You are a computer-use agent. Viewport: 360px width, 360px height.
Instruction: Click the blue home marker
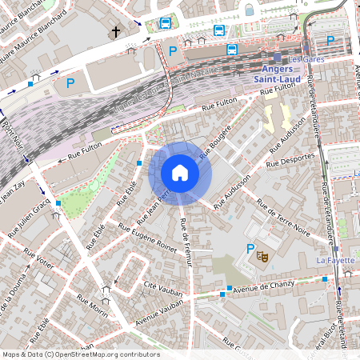[x=180, y=172]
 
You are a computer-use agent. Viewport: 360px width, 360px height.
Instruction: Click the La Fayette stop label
[x=335, y=261]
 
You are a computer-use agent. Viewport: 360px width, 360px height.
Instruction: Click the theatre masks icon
[x=262, y=256]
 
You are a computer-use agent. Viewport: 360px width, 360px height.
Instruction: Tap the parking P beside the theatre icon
[x=250, y=249]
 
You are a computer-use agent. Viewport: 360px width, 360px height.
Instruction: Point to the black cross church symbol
[x=116, y=32]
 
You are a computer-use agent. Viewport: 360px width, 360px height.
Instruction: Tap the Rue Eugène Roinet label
[x=148, y=237]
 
